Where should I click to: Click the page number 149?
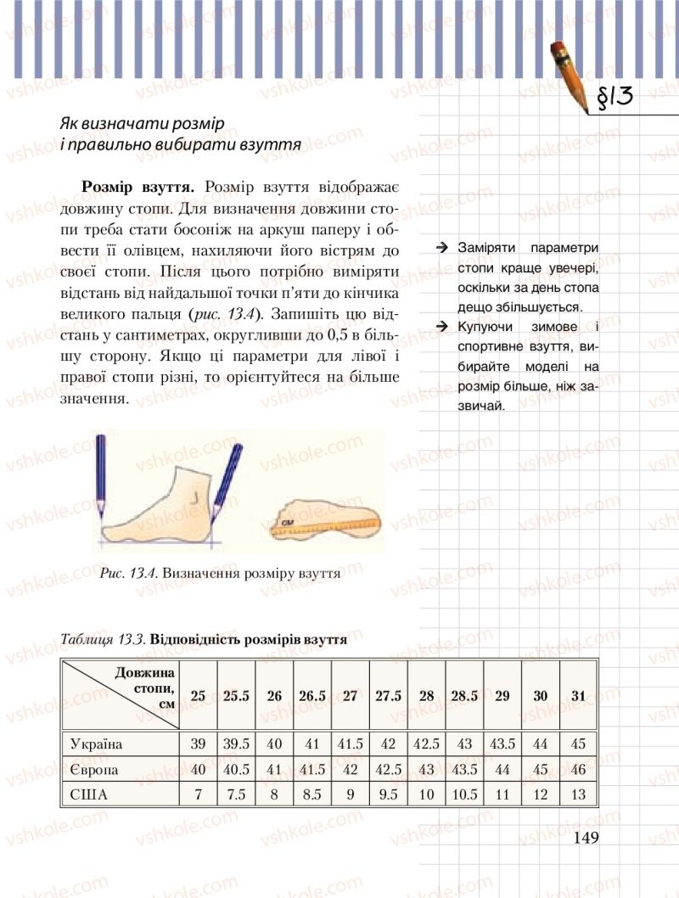[586, 838]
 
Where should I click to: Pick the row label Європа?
[93, 770]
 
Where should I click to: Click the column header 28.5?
[464, 696]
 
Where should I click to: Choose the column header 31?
[578, 696]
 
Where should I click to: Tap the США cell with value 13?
[578, 795]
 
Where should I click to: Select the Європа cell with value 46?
[578, 770]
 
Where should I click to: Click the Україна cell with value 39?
[199, 744]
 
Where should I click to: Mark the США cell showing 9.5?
[388, 795]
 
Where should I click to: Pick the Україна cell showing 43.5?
[502, 744]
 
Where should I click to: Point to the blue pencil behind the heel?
[101, 475]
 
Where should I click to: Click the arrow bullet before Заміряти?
[442, 247]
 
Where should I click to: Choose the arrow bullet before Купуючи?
[442, 327]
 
